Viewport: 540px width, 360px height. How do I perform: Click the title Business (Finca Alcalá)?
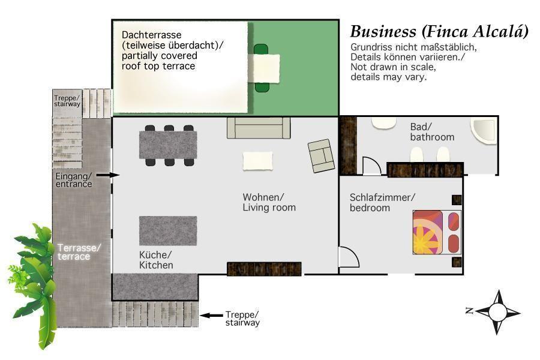[x=439, y=32]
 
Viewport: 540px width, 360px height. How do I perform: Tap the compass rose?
[x=496, y=312]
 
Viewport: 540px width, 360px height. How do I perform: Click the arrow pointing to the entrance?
[x=108, y=175]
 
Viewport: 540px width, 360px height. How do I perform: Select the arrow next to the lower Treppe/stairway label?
[x=211, y=315]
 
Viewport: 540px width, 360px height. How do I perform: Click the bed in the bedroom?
[x=437, y=232]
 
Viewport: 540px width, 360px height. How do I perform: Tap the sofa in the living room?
[x=259, y=128]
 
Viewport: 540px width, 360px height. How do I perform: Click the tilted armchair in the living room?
[x=322, y=156]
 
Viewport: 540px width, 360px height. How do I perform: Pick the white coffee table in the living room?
[x=258, y=161]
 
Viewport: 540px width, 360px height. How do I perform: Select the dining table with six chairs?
[x=168, y=145]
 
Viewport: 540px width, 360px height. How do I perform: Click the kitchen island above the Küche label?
[x=168, y=231]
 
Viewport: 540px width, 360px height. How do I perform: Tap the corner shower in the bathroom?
[x=484, y=130]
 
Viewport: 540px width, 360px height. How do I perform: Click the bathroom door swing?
[x=371, y=166]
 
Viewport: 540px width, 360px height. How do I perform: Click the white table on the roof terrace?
[x=264, y=68]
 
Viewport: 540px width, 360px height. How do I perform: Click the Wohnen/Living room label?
[x=269, y=202]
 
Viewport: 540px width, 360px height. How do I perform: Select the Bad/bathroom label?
[x=432, y=132]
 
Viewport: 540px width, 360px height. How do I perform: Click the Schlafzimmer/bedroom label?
[x=382, y=203]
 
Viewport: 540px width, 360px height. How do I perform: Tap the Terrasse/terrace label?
[x=79, y=252]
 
